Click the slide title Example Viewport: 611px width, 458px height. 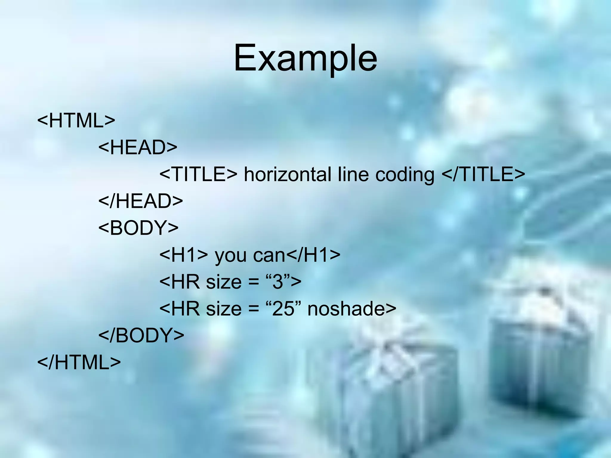tap(305, 58)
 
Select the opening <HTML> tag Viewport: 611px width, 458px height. tap(76, 120)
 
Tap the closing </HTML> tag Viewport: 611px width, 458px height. tap(79, 362)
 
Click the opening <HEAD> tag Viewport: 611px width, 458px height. tap(138, 147)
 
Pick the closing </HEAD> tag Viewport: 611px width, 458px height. tap(141, 201)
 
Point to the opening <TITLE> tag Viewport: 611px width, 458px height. tap(198, 174)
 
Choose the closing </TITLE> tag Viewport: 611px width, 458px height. tap(483, 174)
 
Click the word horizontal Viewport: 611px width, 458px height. tap(287, 174)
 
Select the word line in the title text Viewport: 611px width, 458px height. tap(353, 174)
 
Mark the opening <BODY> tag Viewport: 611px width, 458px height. tap(138, 228)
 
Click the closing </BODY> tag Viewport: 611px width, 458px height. tap(141, 335)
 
